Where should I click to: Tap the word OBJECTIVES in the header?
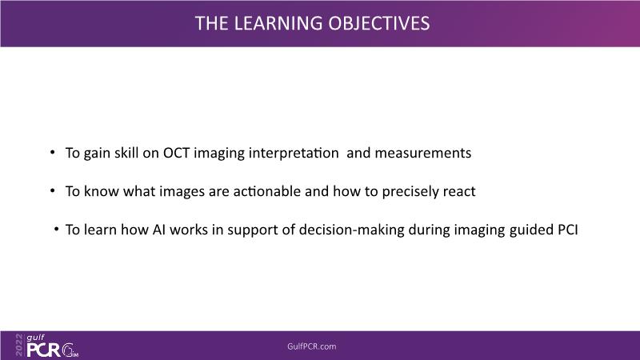(379, 23)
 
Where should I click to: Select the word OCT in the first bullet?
(176, 153)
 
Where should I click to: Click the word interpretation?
(294, 154)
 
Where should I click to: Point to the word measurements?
(423, 153)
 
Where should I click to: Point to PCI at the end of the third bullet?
(568, 230)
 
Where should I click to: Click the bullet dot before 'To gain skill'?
(52, 152)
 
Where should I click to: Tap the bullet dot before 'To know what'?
(52, 190)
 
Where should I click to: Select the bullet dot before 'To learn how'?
(56, 229)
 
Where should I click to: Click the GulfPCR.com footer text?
(312, 346)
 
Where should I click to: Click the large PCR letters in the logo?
(43, 350)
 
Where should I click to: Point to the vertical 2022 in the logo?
(19, 345)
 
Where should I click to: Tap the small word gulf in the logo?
(35, 338)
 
